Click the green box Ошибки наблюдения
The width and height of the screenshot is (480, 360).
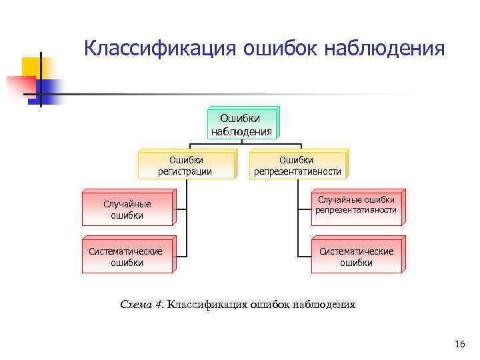(x=241, y=124)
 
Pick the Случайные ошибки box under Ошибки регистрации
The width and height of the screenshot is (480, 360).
(x=126, y=209)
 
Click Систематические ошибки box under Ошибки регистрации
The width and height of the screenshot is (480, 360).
(x=126, y=257)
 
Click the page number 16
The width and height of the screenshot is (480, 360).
(x=459, y=344)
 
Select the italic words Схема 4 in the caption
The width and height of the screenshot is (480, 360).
(x=141, y=305)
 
